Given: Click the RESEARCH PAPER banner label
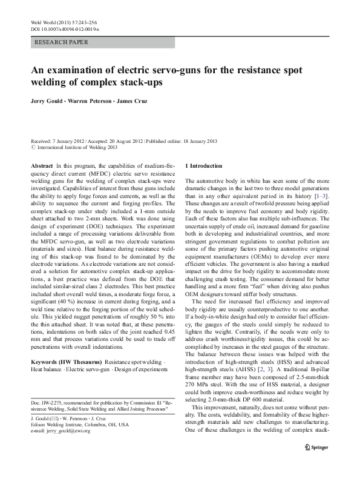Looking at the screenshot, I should click(x=62, y=43).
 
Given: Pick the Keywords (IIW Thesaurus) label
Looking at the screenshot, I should click(x=67, y=360).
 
